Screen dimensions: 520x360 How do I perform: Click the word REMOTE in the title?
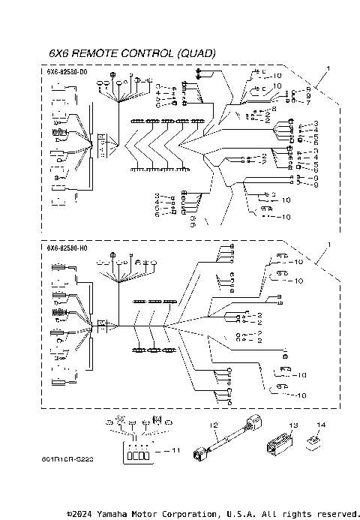point(97,53)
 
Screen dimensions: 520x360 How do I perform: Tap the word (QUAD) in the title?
point(196,53)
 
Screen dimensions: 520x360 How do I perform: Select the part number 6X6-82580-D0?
point(66,71)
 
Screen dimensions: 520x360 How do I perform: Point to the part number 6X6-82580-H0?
point(66,248)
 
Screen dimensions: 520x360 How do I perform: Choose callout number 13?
point(294,425)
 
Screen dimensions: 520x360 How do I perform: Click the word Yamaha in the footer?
point(119,514)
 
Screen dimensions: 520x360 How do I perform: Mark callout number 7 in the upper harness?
point(307,102)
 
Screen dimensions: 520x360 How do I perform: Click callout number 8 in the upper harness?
point(307,95)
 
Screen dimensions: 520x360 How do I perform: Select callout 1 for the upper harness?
point(327,68)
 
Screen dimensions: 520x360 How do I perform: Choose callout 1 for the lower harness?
point(327,245)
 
